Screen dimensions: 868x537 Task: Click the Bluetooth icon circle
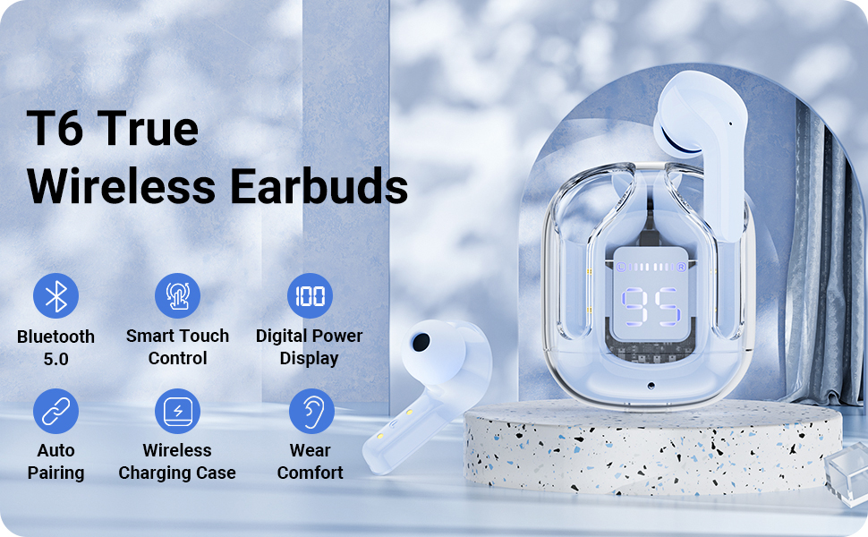55,295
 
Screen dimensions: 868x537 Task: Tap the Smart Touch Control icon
177,295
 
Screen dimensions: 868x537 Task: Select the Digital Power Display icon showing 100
310,295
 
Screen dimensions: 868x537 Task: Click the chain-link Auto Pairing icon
55,411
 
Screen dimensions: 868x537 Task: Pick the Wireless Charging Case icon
177,411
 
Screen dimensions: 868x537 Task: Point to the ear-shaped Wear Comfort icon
311,411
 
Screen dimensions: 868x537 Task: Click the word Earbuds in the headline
319,185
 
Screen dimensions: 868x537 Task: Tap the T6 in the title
55,128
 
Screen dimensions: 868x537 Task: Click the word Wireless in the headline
121,185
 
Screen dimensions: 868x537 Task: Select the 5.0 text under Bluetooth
55,359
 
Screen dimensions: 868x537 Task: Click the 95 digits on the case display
651,306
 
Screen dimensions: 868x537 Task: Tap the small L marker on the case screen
620,268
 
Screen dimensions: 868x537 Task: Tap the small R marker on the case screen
681,268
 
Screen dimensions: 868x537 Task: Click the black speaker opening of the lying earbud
421,342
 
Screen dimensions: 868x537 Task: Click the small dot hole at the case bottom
651,385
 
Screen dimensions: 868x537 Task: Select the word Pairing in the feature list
55,473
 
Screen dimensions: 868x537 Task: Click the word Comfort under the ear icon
310,473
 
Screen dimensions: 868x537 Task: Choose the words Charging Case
177,473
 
